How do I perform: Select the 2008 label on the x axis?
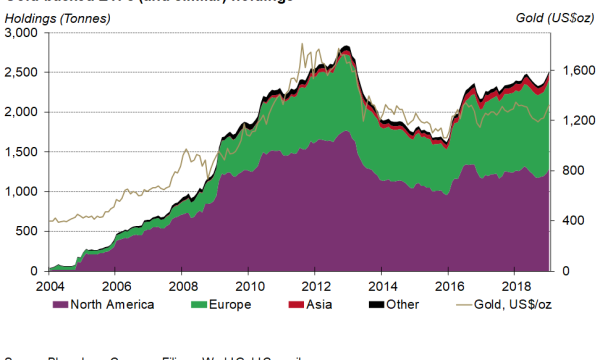pos(181,285)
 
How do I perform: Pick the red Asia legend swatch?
pos(296,304)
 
